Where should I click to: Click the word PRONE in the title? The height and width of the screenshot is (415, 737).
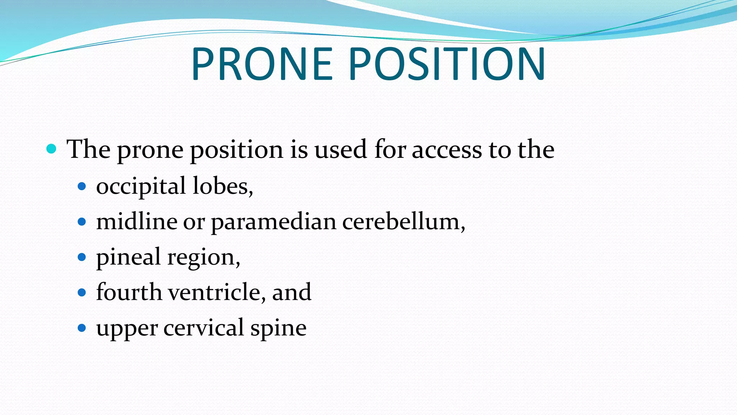coord(262,64)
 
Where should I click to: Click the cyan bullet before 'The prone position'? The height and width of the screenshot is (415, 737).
coord(51,148)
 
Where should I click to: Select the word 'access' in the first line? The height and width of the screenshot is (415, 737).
coord(447,150)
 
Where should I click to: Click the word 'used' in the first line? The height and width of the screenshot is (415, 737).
coord(340,149)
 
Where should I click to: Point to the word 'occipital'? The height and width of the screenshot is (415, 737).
coord(141,187)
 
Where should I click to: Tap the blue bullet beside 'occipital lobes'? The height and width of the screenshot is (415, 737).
coord(82,186)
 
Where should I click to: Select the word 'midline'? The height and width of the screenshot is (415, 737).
coord(137,221)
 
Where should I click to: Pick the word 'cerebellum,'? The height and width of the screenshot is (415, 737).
coord(403,221)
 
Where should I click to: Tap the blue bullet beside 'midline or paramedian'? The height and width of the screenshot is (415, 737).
coord(82,221)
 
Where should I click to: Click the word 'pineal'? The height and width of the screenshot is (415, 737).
coord(128,257)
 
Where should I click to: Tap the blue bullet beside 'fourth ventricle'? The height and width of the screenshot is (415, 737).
coord(82,292)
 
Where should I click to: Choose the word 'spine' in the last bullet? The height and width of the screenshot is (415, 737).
coord(278,328)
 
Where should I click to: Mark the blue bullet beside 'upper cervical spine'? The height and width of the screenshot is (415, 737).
coord(82,328)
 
